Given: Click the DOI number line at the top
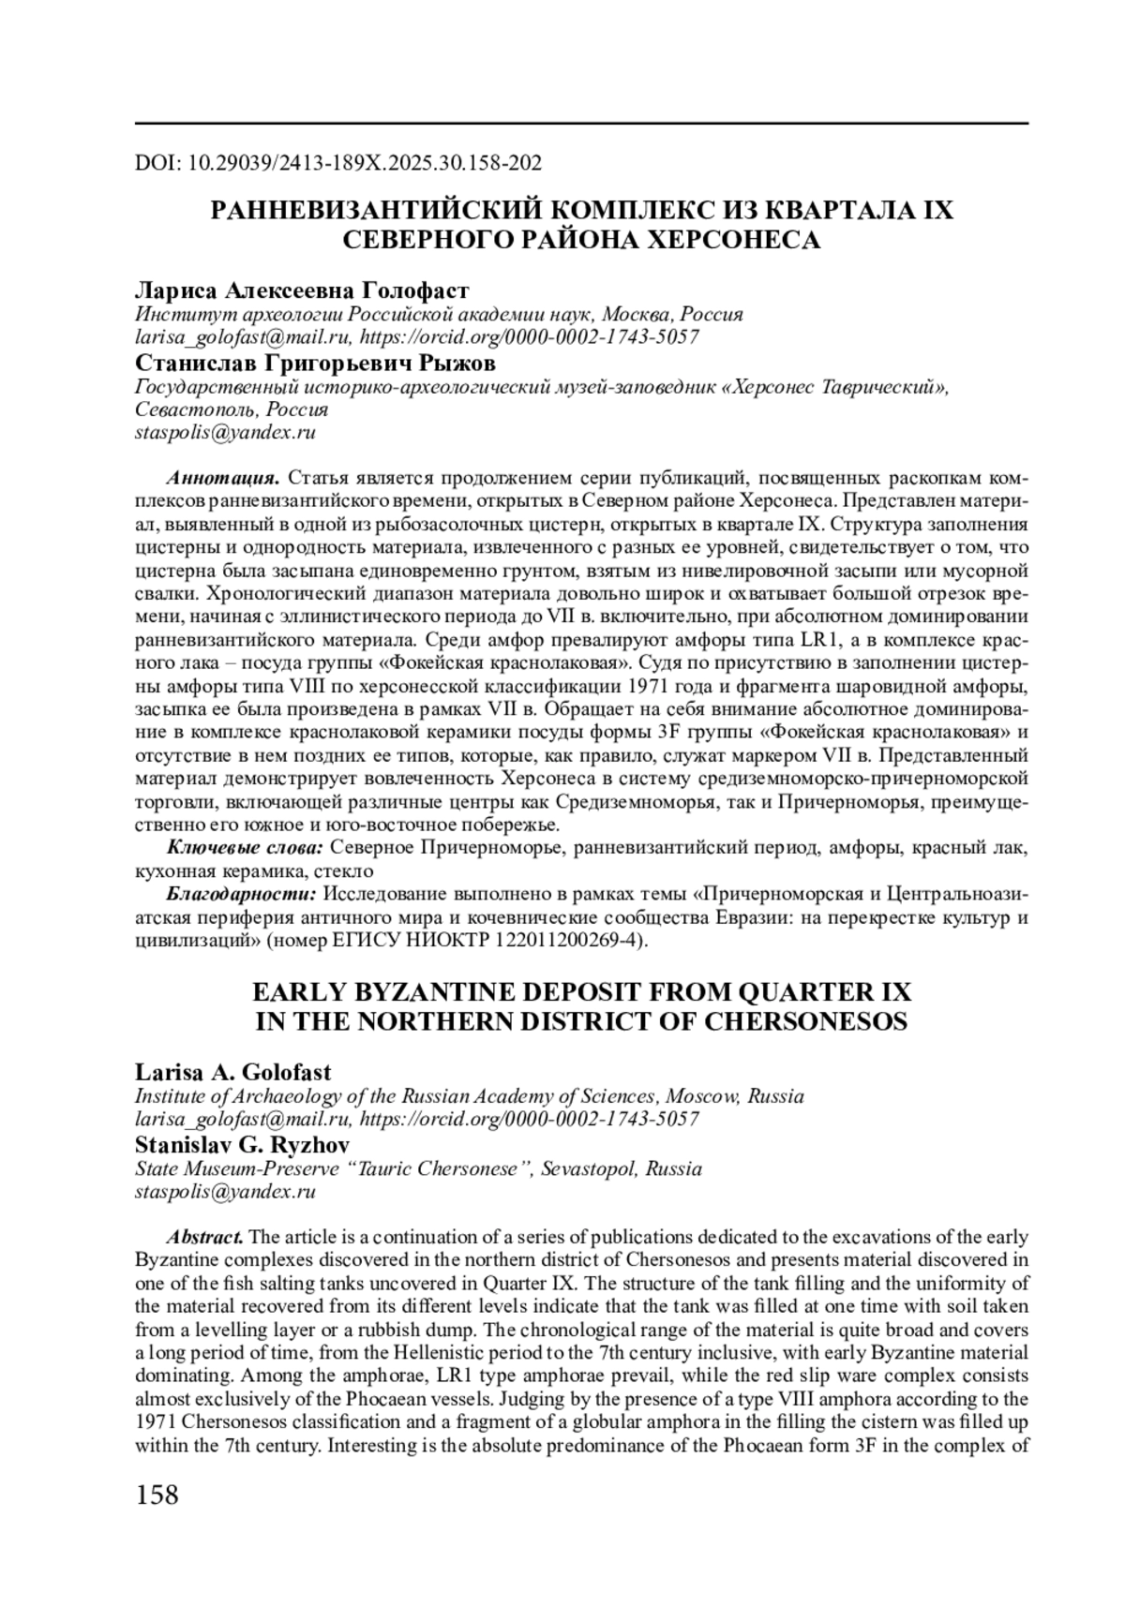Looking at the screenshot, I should click(338, 164).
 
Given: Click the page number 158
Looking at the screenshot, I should click(157, 1494).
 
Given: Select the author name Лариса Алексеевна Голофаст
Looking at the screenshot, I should click(302, 290).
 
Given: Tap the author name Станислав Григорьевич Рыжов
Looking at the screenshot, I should click(315, 363).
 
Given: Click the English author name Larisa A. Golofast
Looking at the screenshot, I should click(233, 1071).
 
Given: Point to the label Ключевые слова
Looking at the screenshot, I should click(246, 848).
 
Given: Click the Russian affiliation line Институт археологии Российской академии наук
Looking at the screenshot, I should click(440, 314).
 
